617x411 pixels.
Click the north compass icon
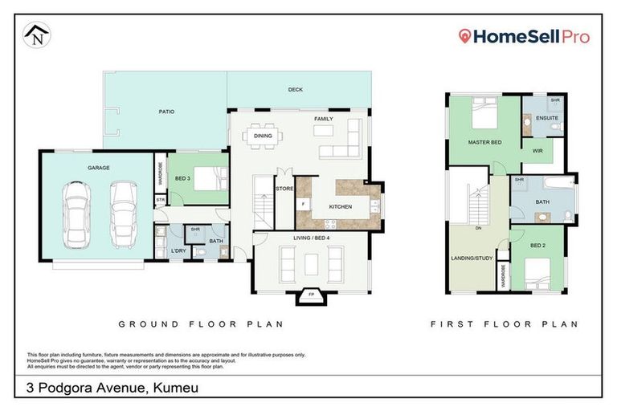point(36,35)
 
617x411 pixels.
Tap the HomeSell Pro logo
point(523,36)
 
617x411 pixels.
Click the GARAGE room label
point(99,168)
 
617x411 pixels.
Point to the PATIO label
point(165,112)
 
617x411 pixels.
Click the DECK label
point(295,90)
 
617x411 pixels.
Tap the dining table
point(264,136)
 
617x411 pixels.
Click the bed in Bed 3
point(210,177)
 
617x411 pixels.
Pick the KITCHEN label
point(318,206)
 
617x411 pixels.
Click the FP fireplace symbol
point(311,295)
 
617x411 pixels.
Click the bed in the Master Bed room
point(484,116)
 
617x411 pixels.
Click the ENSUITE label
point(549,118)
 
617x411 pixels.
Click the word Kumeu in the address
point(173,389)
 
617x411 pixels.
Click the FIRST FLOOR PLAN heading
point(505,324)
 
